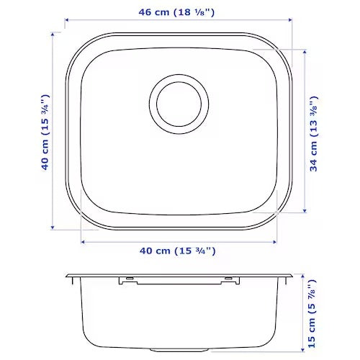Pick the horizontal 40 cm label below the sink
coord(177,251)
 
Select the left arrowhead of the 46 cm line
coord(66,22)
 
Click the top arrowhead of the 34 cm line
coord(305,50)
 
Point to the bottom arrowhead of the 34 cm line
coord(305,212)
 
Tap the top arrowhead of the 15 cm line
coord(305,276)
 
